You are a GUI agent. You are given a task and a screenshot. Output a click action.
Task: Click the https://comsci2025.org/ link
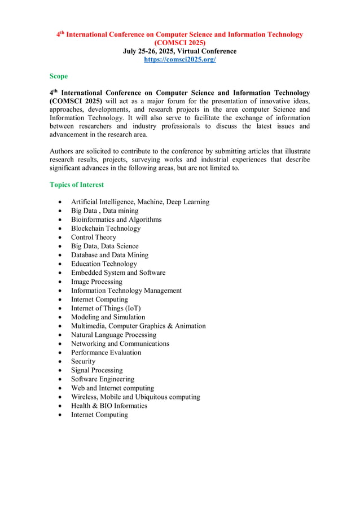pos(180,59)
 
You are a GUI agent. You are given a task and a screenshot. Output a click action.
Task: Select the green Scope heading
pos(59,76)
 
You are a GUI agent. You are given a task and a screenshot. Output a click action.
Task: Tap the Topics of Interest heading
pos(77,185)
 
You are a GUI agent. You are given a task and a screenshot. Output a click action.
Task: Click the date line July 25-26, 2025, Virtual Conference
pos(180,51)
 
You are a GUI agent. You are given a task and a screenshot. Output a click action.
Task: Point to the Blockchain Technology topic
pos(106,229)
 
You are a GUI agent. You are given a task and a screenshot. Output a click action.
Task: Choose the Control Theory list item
pos(93,238)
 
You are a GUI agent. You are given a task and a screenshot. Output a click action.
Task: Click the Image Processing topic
pos(96,282)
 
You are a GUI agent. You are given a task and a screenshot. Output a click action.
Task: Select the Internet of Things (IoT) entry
pos(106,308)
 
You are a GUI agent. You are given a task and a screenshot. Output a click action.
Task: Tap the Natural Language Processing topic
pos(113,335)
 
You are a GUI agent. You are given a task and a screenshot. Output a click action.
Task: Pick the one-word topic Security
pos(83,361)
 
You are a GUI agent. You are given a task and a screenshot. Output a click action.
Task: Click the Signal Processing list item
pos(96,370)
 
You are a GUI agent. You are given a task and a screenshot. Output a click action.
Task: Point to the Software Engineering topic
pos(102,379)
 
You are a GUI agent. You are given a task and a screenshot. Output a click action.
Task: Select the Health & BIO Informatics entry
pos(109,406)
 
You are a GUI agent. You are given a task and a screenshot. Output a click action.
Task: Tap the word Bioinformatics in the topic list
pos(93,220)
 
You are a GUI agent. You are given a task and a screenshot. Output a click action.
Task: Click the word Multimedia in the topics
pos(87,326)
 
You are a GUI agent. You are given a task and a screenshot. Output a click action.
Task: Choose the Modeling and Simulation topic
pos(108,317)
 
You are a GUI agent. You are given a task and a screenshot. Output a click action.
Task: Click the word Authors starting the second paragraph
pos(62,151)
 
